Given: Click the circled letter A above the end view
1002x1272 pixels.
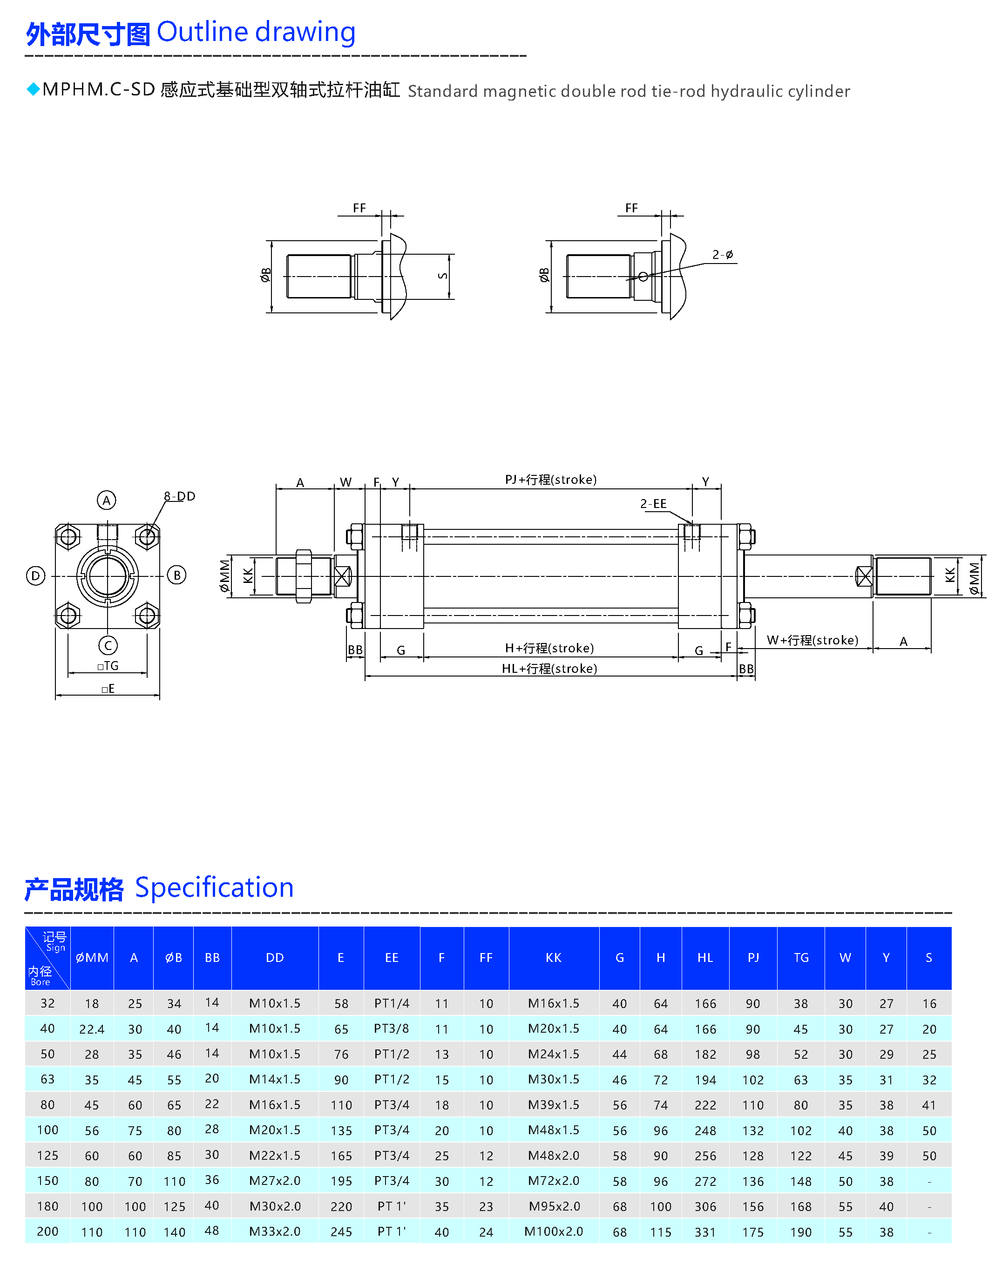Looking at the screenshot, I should tap(106, 500).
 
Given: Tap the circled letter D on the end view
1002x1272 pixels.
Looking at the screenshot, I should tap(36, 575).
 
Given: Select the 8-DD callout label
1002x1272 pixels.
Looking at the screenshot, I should tap(180, 496).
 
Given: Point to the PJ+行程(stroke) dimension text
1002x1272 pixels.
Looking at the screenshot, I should tap(550, 480).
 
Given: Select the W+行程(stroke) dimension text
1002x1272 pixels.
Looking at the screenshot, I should tap(812, 640).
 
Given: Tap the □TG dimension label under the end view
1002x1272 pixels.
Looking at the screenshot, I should tap(108, 666).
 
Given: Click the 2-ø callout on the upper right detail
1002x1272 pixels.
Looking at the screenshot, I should tap(723, 255).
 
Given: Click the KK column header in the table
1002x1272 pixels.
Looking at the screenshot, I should tap(553, 958).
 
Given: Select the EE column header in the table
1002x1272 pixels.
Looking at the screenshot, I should tap(391, 958).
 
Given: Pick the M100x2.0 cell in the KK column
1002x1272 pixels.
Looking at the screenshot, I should tap(553, 1231).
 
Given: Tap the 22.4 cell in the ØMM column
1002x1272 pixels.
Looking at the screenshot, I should tap(92, 1029).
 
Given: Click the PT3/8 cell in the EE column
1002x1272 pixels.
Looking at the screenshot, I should tap(391, 1028).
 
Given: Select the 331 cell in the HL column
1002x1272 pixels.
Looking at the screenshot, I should tap(705, 1231).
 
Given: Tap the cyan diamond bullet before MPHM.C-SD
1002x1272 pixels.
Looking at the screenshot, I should tap(34, 89).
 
